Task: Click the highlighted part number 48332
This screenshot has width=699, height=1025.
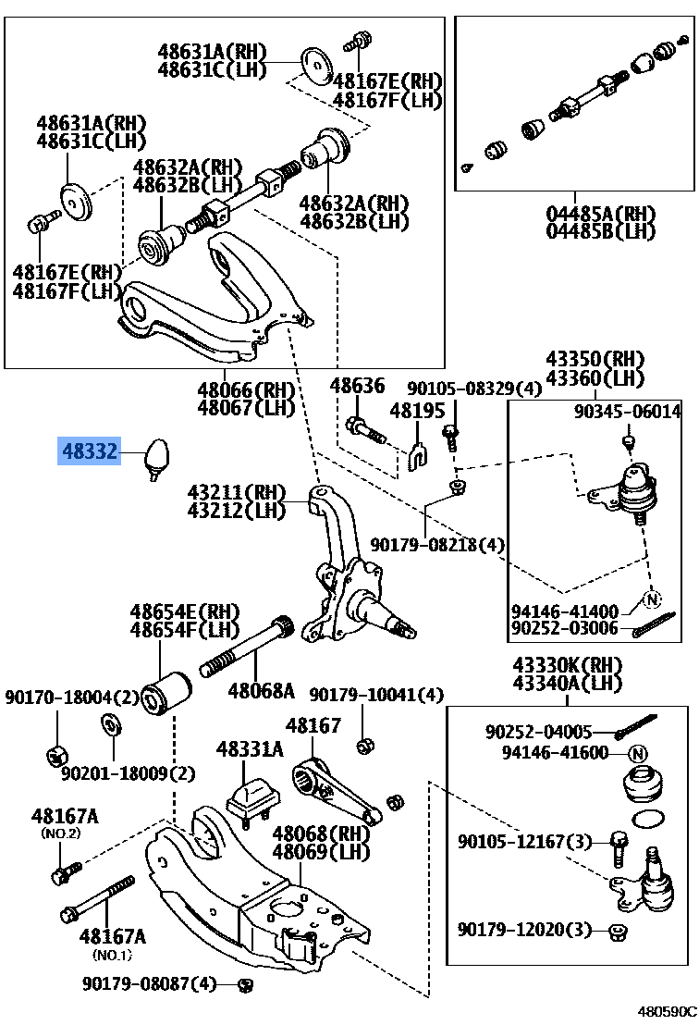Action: point(90,451)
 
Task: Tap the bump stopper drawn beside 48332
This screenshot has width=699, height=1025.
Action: point(158,456)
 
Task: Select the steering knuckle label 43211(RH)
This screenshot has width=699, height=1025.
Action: point(237,491)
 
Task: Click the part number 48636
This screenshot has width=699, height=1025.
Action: point(357,385)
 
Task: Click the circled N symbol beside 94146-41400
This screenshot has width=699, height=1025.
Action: point(653,599)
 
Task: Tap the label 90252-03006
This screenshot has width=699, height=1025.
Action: point(564,629)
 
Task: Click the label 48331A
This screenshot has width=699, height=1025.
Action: point(250,748)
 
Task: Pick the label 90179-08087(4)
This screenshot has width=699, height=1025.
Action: point(149,982)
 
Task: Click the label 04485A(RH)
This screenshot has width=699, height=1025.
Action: point(600,213)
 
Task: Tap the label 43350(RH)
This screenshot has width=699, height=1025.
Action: point(595,359)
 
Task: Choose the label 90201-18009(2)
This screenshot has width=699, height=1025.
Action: point(129,772)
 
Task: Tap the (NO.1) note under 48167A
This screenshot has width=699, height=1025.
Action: point(112,955)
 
